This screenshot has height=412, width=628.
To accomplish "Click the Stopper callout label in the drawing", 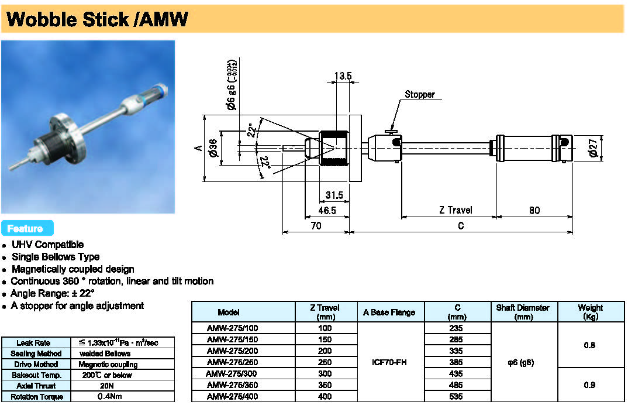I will coord(420,94).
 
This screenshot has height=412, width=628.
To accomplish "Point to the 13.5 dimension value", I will coord(343,76).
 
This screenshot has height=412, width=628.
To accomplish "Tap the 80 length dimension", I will coord(534,210).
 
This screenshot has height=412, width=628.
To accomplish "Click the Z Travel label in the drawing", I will coord(456,210).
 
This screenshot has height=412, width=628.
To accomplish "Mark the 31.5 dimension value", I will coord(333,195).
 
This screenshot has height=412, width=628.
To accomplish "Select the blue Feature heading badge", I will coord(27,228).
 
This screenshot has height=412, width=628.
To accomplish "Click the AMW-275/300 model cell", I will coord(232,373).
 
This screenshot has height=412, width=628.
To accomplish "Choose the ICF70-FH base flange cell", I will coord(389,362).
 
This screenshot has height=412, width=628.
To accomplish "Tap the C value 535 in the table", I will coord(457,396).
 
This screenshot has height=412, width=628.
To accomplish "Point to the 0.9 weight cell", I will coord(589,385).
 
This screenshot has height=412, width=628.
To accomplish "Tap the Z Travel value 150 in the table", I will coord(325,339).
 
